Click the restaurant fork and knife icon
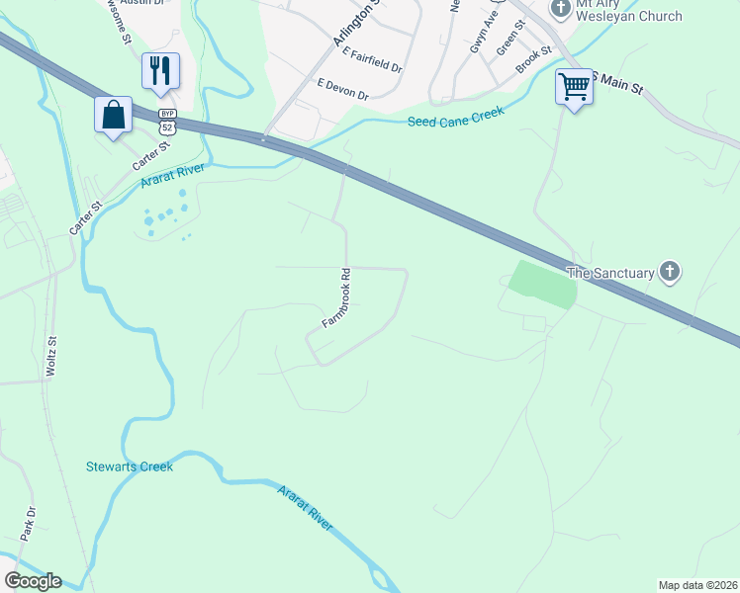pyautogui.click(x=160, y=70)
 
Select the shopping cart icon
pyautogui.click(x=574, y=87)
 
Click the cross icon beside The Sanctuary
pyautogui.click(x=670, y=271)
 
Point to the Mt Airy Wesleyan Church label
pyautogui.click(x=629, y=11)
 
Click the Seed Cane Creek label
pyautogui.click(x=456, y=117)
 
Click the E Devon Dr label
pyautogui.click(x=342, y=91)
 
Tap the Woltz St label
pyautogui.click(x=51, y=356)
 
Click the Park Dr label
pyautogui.click(x=28, y=525)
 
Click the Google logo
pyautogui.click(x=32, y=581)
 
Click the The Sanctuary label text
pyautogui.click(x=609, y=272)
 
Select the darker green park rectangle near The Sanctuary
pyautogui.click(x=542, y=287)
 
